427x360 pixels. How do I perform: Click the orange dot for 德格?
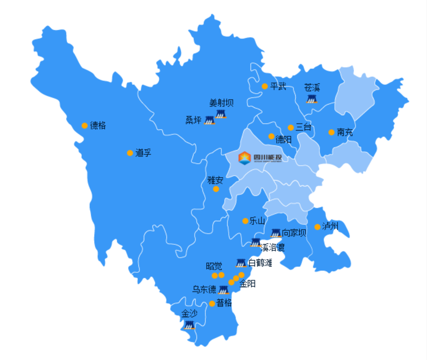[x=85, y=126]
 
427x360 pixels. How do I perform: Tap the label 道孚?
[x=143, y=153]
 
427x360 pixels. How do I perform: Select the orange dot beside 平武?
[x=265, y=86]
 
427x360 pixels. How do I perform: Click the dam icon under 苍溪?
[x=312, y=98]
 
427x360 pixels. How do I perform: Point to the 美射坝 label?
[x=221, y=103]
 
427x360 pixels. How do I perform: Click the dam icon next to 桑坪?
[x=209, y=120]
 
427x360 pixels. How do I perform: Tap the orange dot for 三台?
[x=290, y=128]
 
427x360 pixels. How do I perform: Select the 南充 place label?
[x=345, y=132]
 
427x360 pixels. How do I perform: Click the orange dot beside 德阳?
[x=271, y=136]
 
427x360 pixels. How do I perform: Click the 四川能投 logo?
[x=260, y=157]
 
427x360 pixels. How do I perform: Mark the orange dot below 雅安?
[x=216, y=189]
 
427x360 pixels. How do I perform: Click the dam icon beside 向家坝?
[x=276, y=233]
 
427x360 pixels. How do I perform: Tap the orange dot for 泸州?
[x=317, y=227]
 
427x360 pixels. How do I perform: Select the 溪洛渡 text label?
[x=273, y=247]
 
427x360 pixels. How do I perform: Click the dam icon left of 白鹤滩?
[x=241, y=263]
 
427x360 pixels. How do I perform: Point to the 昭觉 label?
[x=214, y=266]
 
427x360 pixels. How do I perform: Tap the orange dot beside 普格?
[x=212, y=304]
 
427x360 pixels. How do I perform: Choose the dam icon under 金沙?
[x=189, y=325]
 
